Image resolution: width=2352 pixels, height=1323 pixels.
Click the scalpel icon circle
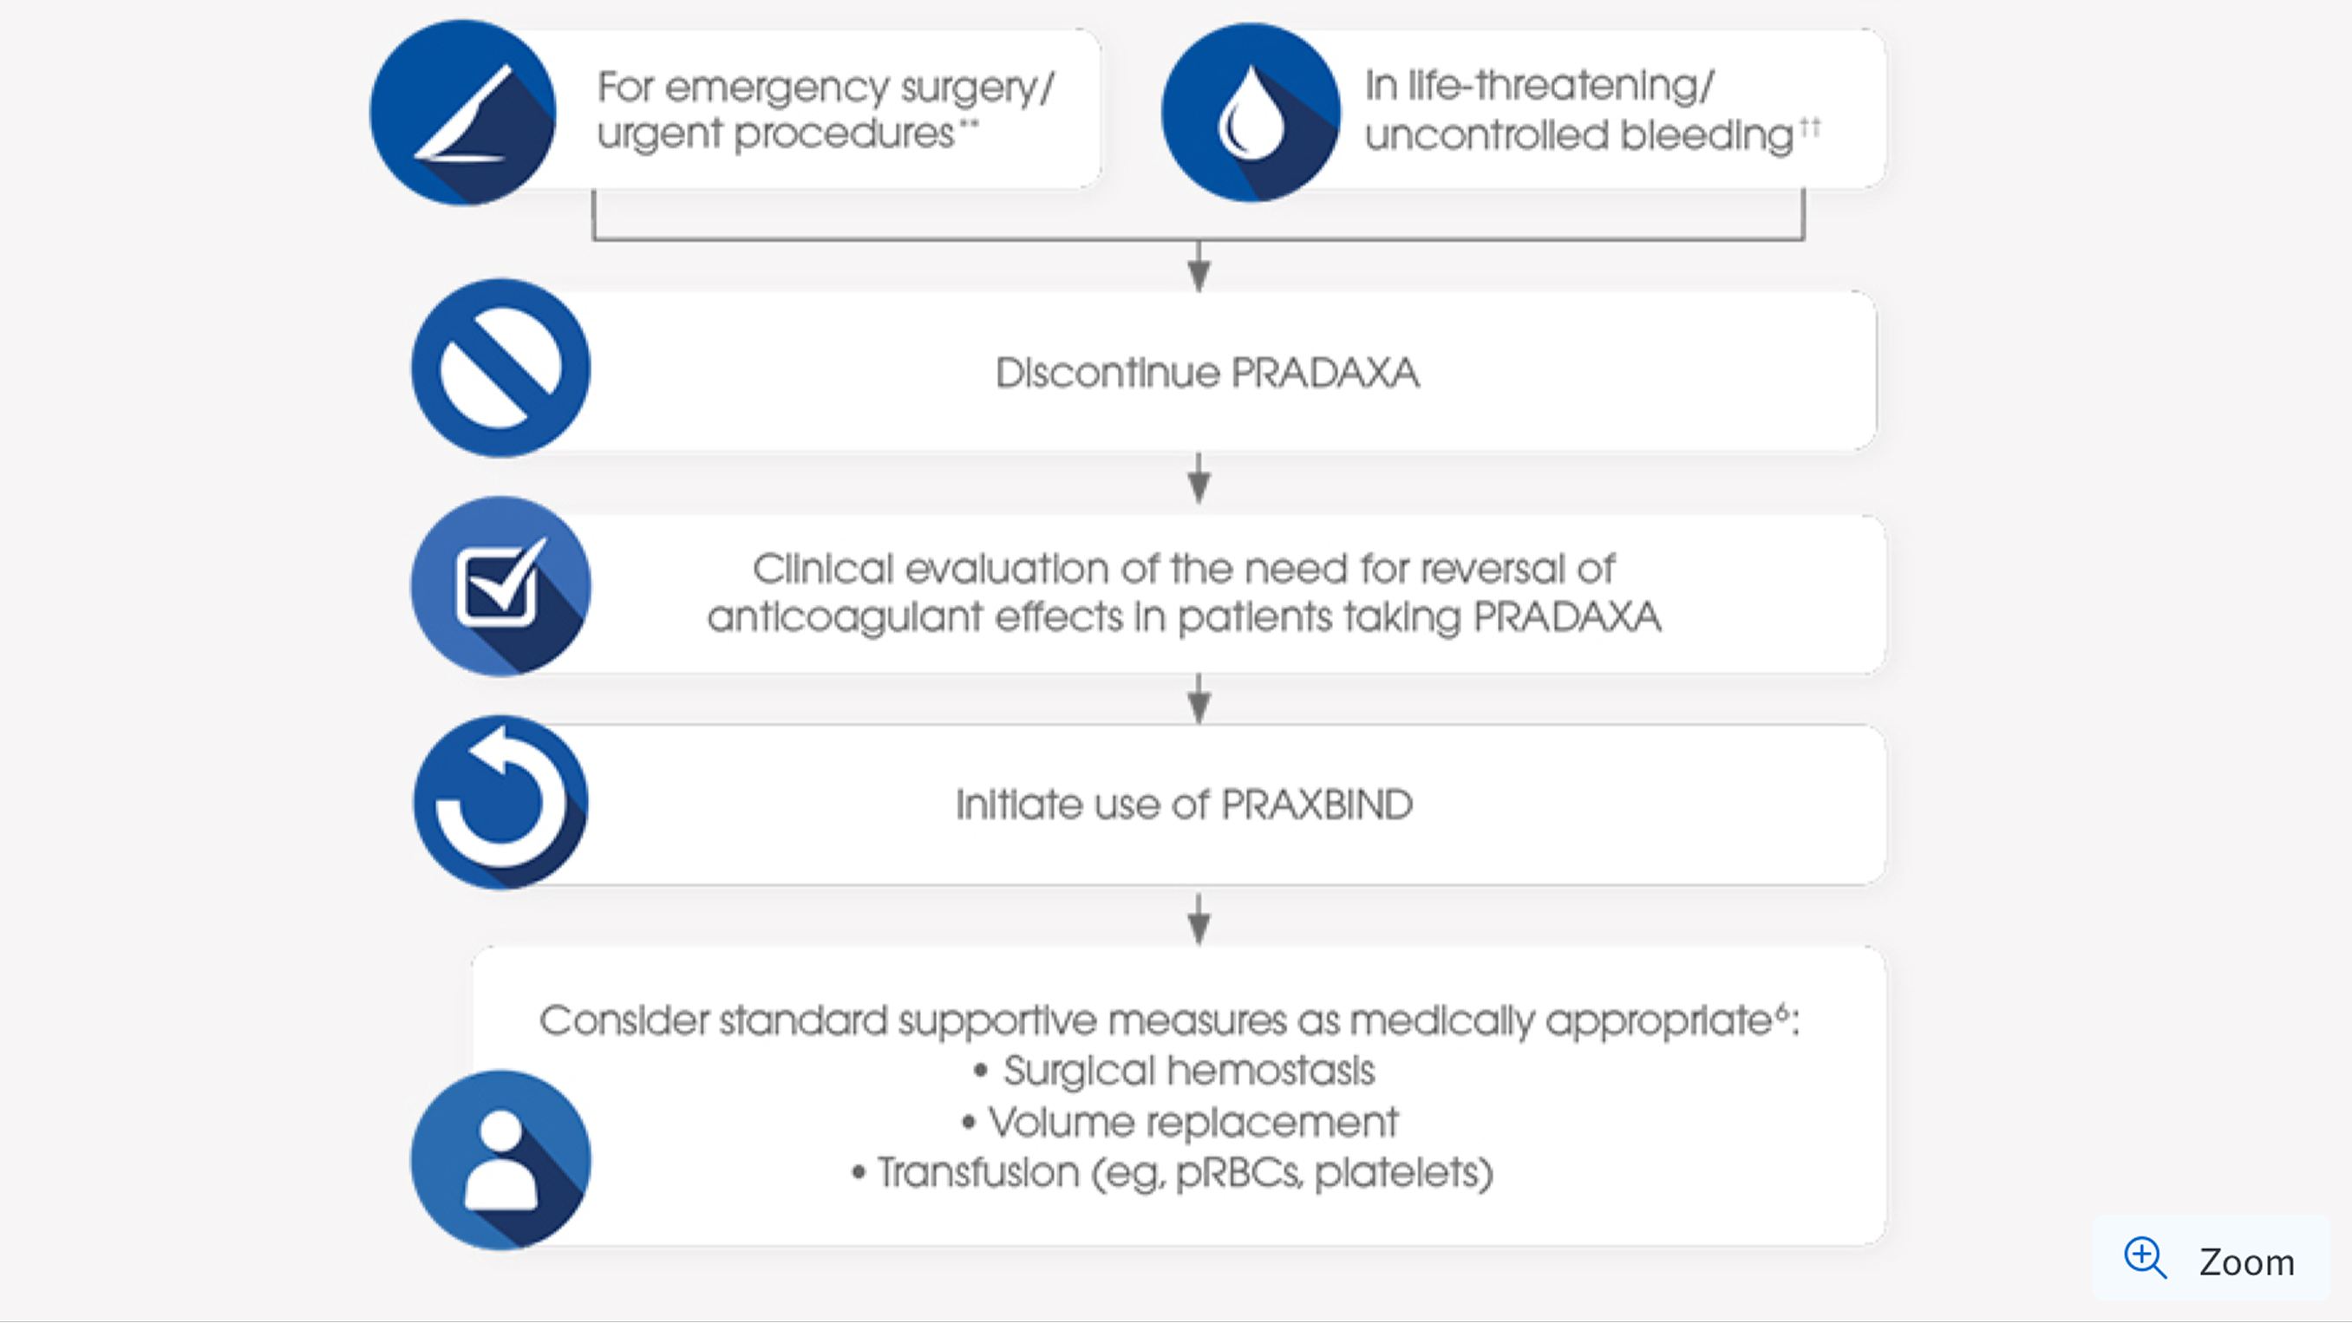[463, 114]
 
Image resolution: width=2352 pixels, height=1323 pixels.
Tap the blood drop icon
[1250, 114]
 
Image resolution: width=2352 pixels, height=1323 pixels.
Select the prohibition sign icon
[500, 368]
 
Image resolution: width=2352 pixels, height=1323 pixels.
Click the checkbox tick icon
[500, 586]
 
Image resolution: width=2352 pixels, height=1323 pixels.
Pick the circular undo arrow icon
[500, 803]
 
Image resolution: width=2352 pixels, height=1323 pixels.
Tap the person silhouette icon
[500, 1159]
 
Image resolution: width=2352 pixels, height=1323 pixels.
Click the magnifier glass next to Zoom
[2144, 1258]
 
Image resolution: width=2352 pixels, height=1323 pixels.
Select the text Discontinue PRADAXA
[1207, 373]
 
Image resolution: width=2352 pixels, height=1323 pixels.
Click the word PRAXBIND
[1316, 805]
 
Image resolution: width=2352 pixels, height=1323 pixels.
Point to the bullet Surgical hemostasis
[1187, 1070]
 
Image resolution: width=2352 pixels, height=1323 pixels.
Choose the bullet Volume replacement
[1192, 1122]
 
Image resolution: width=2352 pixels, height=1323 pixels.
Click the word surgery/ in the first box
[977, 88]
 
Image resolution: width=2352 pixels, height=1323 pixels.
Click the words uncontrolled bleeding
[1578, 135]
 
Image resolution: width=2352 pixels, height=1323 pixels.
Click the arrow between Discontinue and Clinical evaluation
[1199, 479]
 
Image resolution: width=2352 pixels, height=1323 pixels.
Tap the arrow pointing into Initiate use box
[1199, 701]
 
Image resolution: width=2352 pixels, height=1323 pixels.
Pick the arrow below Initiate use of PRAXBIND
[1199, 920]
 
